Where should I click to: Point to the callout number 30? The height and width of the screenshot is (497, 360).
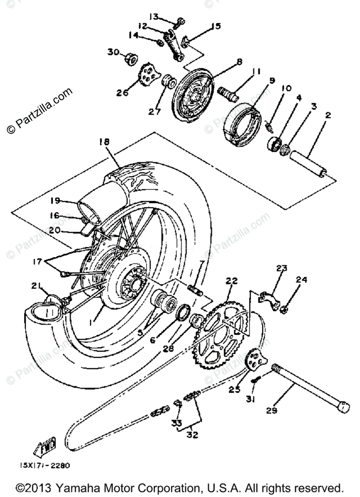[113, 52]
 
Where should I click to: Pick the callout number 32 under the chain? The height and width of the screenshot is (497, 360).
[192, 435]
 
